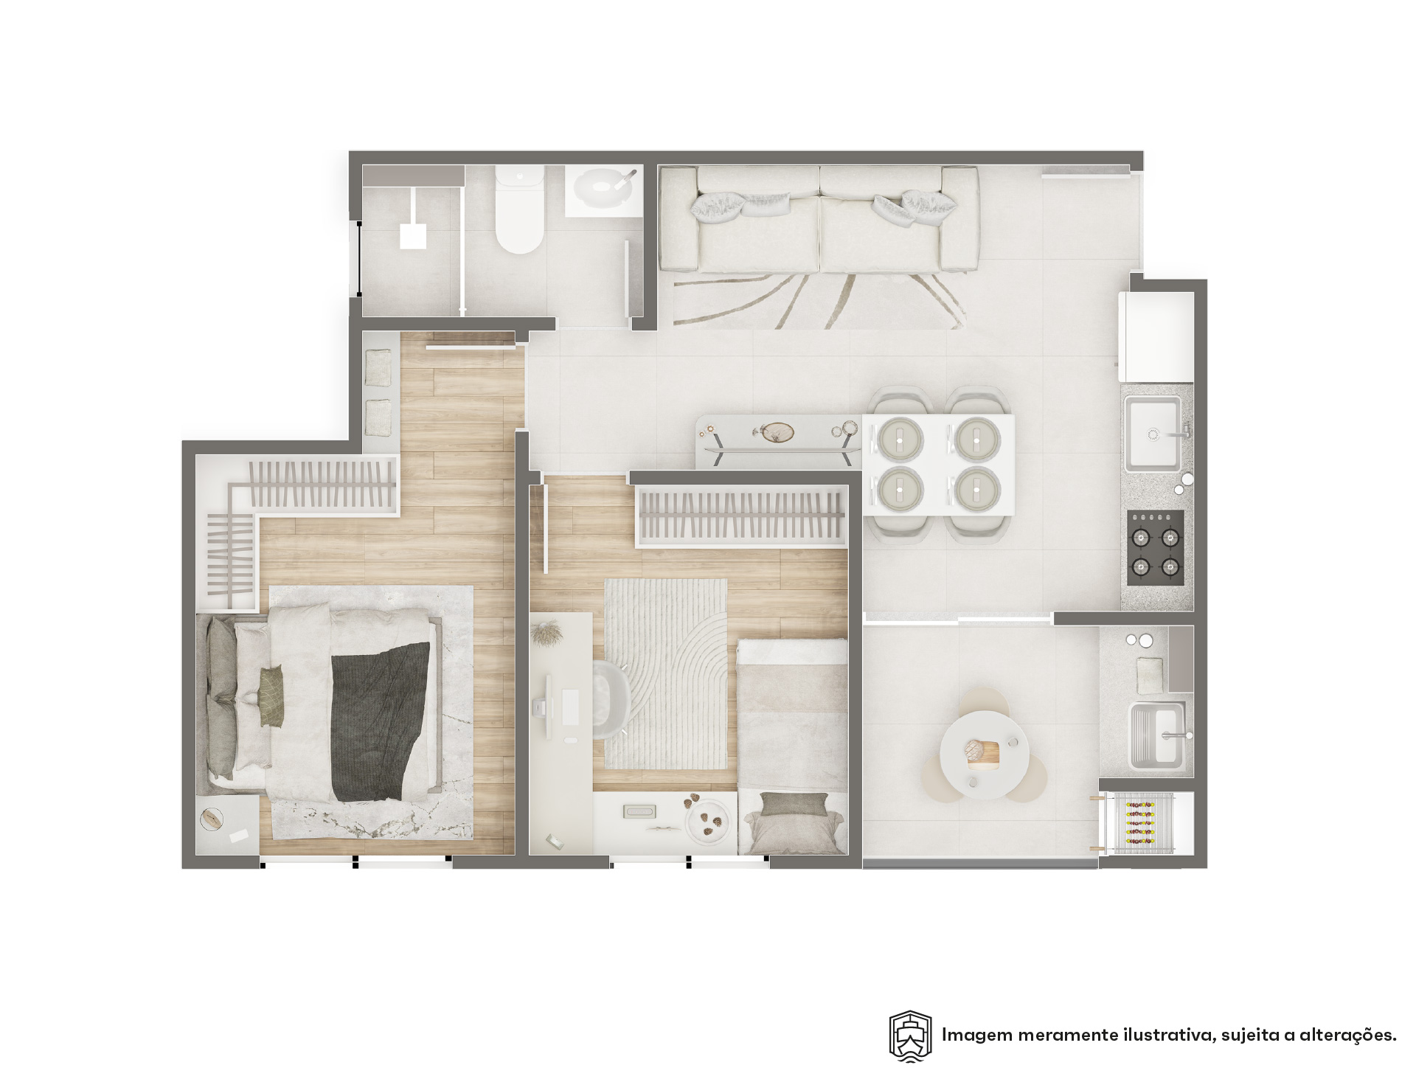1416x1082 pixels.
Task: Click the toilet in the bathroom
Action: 520,210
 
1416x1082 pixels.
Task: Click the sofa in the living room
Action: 819,218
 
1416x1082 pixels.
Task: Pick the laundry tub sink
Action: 1158,735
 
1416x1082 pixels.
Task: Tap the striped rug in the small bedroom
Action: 665,673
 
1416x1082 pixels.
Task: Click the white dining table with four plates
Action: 938,464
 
